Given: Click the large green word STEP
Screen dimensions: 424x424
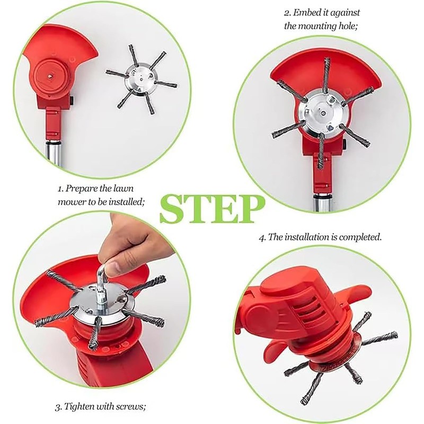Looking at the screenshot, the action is [x=213, y=209].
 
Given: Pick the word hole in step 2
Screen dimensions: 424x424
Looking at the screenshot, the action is [x=348, y=26].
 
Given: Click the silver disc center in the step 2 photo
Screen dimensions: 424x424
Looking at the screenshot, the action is [x=322, y=112].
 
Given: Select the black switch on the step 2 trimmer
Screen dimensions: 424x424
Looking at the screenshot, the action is [x=345, y=144].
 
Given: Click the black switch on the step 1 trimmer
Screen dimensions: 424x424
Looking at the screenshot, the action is [x=73, y=100].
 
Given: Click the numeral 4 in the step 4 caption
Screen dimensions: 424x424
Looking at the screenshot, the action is [x=261, y=237].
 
